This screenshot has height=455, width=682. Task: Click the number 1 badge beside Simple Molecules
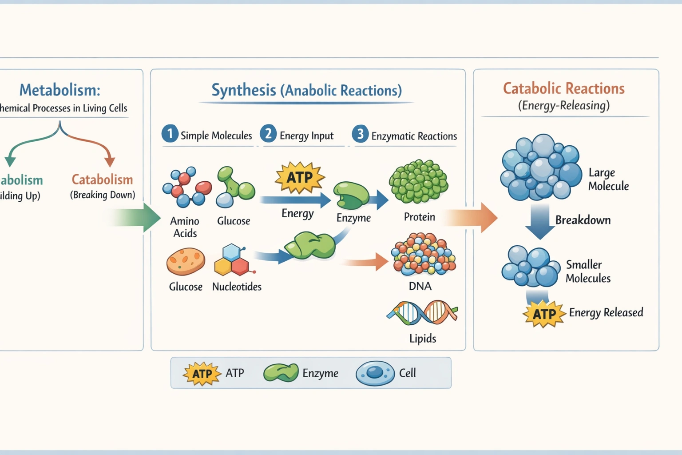pos(170,134)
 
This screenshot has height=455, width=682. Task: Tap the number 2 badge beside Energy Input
pos(268,134)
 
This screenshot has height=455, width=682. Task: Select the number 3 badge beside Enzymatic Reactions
pos(360,134)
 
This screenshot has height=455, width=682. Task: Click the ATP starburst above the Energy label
pos(300,177)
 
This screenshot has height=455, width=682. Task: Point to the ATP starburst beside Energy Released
pos(544,314)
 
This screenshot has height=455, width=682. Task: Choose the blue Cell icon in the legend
pos(375,373)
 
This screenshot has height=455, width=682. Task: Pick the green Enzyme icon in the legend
pos(281,373)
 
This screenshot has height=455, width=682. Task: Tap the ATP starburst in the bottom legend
pos(202,373)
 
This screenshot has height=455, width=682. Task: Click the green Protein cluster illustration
pos(418,181)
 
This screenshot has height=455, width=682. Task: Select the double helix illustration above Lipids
pos(422,312)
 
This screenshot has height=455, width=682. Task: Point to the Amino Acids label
pos(185,227)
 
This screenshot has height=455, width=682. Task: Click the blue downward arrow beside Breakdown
pos(540,221)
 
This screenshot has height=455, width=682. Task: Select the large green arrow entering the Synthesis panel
pos(138,218)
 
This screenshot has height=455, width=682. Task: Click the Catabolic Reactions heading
pos(563,88)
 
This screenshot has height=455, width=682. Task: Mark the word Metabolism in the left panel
pos(60,90)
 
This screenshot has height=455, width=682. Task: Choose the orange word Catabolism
pos(102,180)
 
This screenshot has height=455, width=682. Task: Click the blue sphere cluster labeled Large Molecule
pos(540,168)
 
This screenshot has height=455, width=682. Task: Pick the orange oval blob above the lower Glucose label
pos(186,262)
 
